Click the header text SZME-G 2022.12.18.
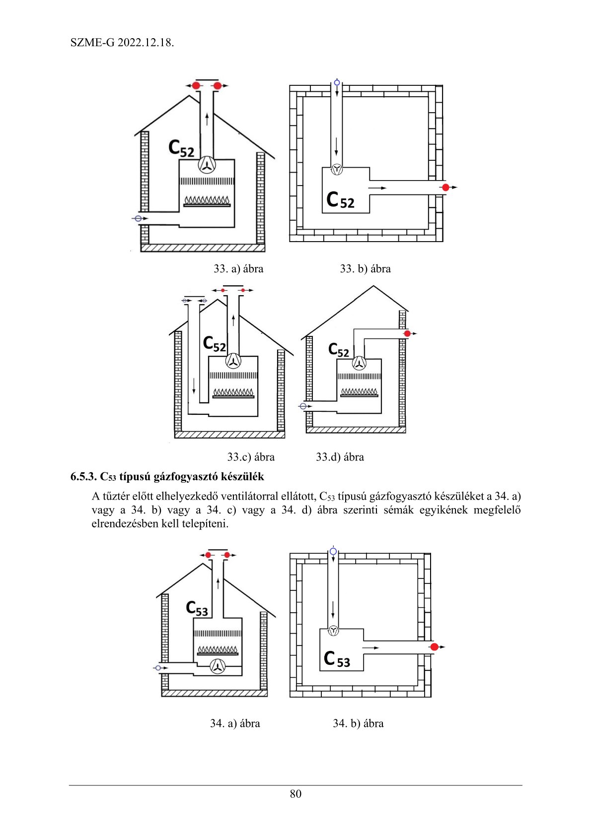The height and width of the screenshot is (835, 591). [x=122, y=43]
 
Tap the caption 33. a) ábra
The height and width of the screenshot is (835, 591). [x=238, y=269]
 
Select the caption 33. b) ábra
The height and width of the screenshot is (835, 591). [x=365, y=269]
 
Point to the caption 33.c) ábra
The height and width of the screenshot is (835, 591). [x=251, y=457]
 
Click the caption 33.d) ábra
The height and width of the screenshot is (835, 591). [x=340, y=457]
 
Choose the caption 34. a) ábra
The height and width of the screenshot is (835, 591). [x=235, y=723]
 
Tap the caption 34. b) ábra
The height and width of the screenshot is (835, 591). [x=358, y=723]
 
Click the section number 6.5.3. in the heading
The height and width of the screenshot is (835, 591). [x=83, y=477]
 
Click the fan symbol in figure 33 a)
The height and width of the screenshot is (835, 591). [x=207, y=165]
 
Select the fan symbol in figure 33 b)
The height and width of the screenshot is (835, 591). [x=337, y=170]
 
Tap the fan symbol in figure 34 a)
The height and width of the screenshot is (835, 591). [x=218, y=666]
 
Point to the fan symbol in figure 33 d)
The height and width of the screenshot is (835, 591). [x=359, y=363]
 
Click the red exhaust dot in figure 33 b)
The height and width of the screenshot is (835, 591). [x=445, y=188]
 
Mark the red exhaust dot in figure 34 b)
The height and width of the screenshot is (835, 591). [x=434, y=647]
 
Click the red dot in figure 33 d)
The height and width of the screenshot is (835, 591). [x=407, y=333]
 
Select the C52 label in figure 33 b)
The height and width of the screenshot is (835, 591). [x=340, y=200]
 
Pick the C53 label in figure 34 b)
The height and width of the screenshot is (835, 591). [x=337, y=659]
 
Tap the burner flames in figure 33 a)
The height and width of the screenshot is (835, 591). [x=207, y=200]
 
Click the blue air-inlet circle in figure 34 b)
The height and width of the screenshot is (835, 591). [x=333, y=551]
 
